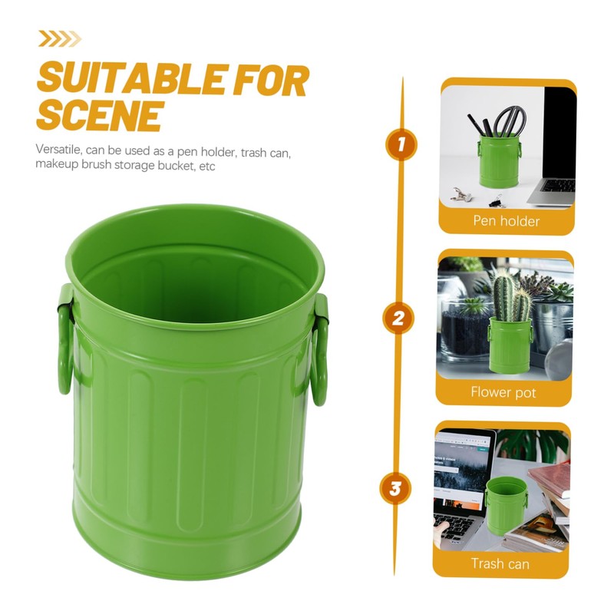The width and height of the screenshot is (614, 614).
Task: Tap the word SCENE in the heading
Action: (x=99, y=116)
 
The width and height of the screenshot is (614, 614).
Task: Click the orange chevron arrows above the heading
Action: (x=59, y=38)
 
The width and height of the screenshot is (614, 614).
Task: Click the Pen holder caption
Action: (x=506, y=221)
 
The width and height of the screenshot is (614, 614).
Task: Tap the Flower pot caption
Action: (x=503, y=392)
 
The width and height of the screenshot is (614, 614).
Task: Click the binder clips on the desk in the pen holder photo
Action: (x=463, y=195)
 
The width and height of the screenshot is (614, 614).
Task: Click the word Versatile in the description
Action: (x=61, y=151)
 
